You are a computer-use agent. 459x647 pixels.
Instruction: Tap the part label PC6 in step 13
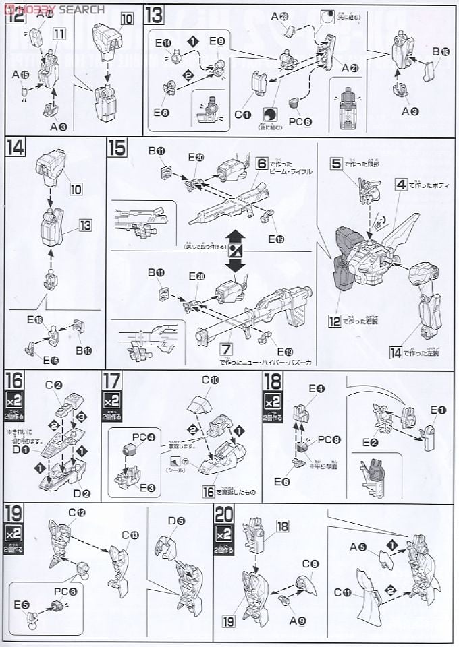click(298, 122)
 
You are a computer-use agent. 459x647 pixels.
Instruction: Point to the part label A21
click(350, 68)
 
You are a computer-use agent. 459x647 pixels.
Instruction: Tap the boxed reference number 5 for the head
click(335, 162)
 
